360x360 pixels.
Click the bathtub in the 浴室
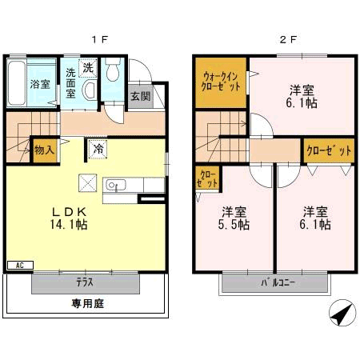coord(16,83)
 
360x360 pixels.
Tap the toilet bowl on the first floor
coord(113,69)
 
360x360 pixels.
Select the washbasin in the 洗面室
coord(90,90)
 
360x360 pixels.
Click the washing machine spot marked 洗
coord(88,68)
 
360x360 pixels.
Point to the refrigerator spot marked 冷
coord(98,149)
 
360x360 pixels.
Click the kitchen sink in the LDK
coord(116,185)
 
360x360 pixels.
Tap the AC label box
coord(20,266)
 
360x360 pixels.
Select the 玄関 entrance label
coord(141,96)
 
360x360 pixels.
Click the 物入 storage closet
coord(45,150)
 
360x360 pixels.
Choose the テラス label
coord(85,282)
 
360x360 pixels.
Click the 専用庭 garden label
coord(87,303)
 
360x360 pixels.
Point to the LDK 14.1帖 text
coord(69,218)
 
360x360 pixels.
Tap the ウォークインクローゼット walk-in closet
coord(221,82)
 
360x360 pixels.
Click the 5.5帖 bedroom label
coord(234,218)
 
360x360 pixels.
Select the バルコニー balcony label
coord(278,282)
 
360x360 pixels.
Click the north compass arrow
coord(342,313)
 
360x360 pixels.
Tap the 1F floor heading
coord(99,40)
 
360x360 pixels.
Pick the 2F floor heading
coord(288,40)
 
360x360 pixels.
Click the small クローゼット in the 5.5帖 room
coord(207,178)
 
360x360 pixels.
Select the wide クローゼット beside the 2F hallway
coord(329,150)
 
